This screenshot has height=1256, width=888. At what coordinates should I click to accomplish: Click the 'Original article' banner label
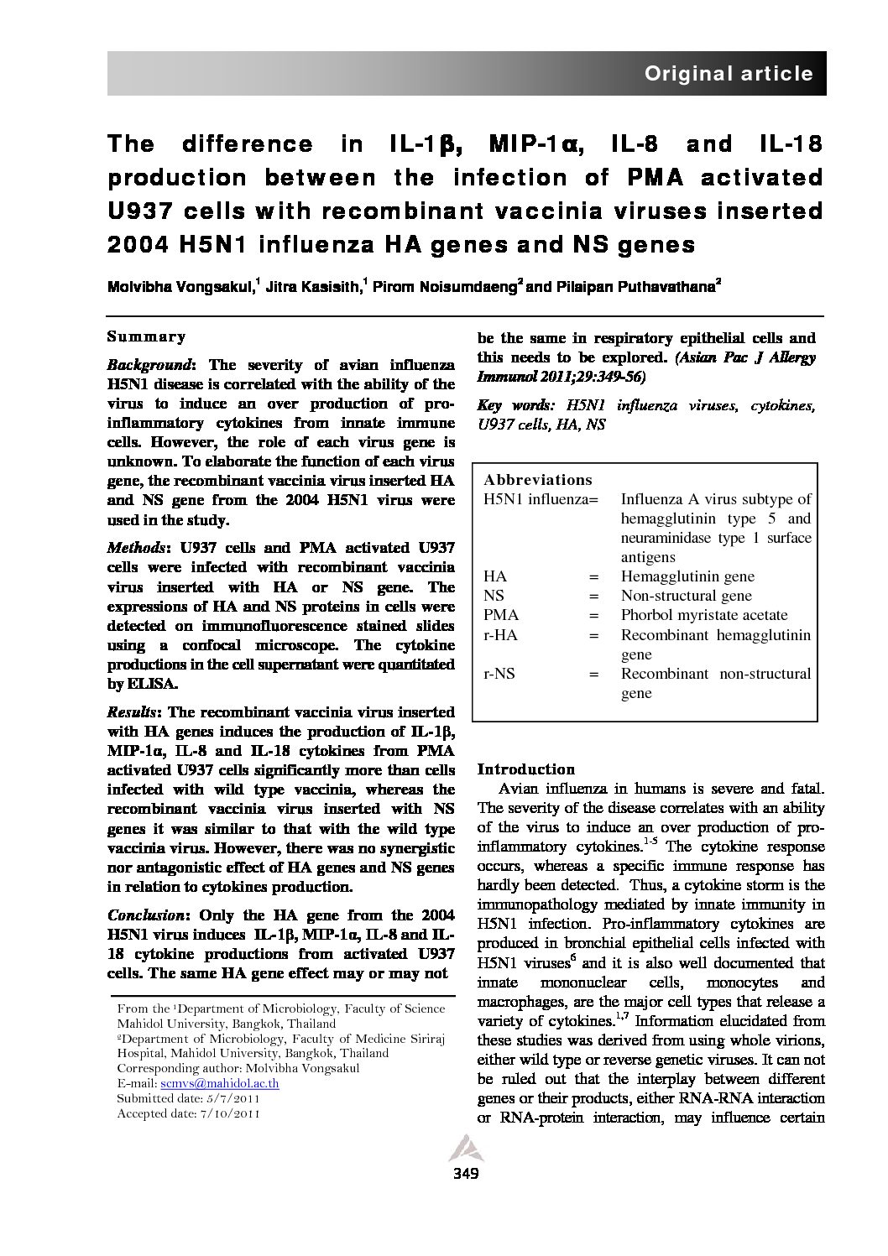(x=728, y=74)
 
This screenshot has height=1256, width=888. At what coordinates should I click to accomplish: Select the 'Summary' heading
(x=146, y=337)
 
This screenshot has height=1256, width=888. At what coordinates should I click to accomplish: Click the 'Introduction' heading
(x=526, y=769)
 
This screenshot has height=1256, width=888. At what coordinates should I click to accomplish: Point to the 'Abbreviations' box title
(x=538, y=480)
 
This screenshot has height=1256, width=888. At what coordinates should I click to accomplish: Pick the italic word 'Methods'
(x=136, y=548)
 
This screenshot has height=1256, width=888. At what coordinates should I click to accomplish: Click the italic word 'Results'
(x=134, y=711)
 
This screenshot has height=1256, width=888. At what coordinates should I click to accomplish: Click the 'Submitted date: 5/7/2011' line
(x=188, y=1098)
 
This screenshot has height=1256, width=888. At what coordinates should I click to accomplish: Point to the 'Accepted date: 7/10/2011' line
(x=188, y=1113)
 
